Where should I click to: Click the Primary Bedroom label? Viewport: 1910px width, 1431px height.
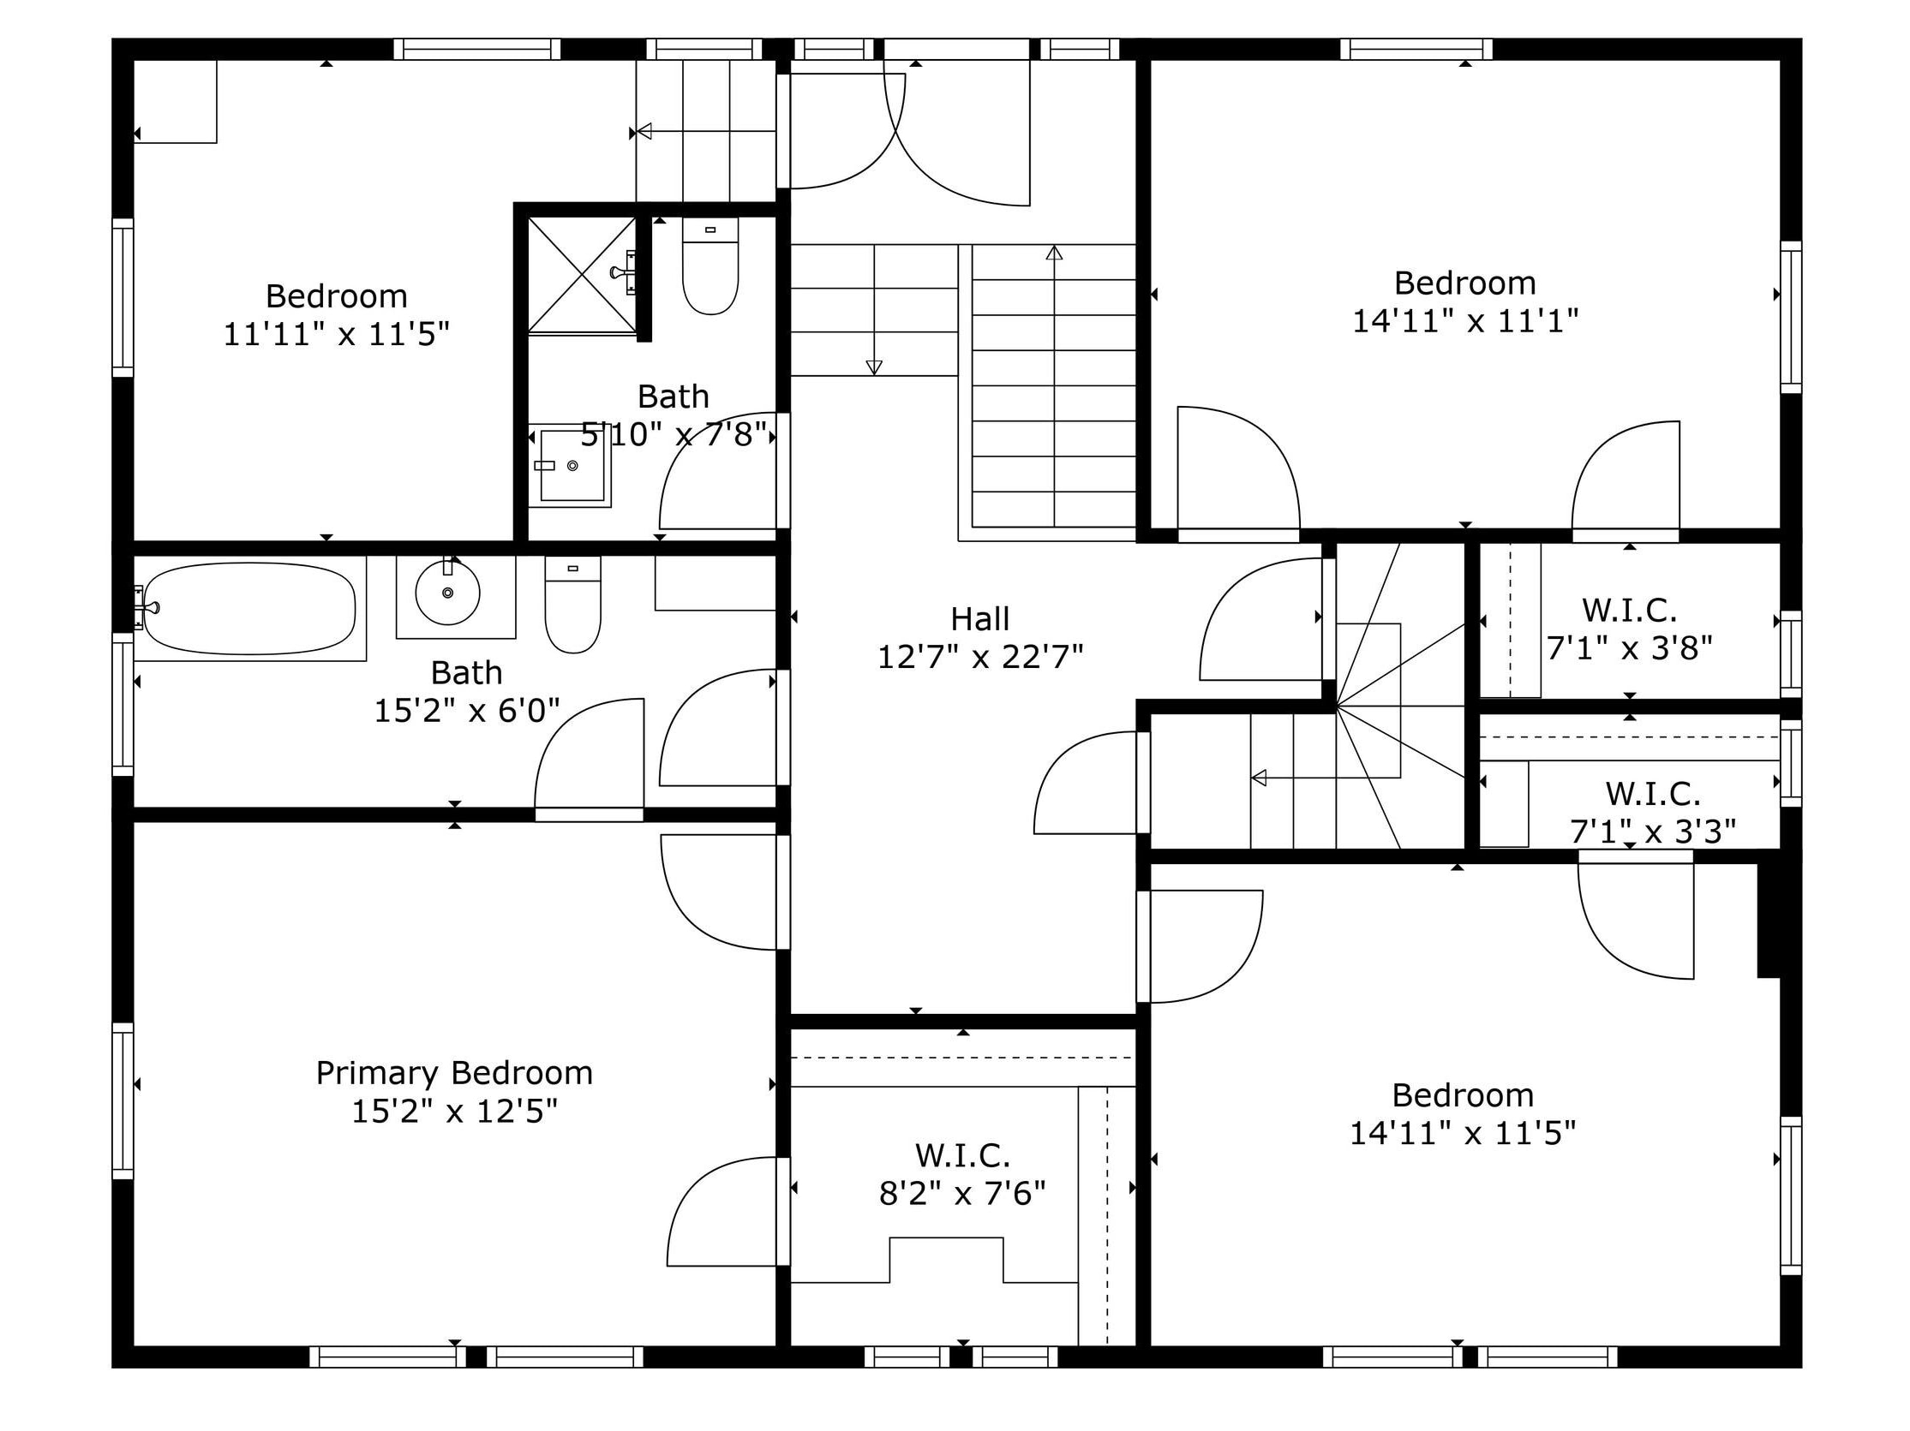pos(454,1073)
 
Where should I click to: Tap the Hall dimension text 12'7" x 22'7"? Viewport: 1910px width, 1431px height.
pos(980,658)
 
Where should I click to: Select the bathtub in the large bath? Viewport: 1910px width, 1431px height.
pos(249,609)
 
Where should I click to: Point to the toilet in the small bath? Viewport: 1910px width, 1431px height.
pos(710,265)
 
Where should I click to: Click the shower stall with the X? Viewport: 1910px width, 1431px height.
pos(582,274)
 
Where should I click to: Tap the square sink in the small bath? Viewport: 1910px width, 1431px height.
pos(572,465)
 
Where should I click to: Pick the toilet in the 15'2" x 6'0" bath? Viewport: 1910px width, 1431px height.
pos(572,604)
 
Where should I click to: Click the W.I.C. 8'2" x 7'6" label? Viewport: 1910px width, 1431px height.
pos(963,1175)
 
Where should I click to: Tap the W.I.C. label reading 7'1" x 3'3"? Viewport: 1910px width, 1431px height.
pos(1653,812)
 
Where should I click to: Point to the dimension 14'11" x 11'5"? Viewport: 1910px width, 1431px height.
pos(1463,1133)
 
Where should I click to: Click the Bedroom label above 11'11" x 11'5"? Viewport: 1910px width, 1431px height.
pos(336,296)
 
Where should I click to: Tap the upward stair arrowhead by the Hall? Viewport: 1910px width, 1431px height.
pos(1054,253)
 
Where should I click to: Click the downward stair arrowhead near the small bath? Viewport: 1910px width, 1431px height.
pos(874,367)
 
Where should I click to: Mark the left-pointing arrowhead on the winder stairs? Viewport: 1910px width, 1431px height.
pos(1259,778)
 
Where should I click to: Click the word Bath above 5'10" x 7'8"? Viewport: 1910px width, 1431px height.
pos(674,397)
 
